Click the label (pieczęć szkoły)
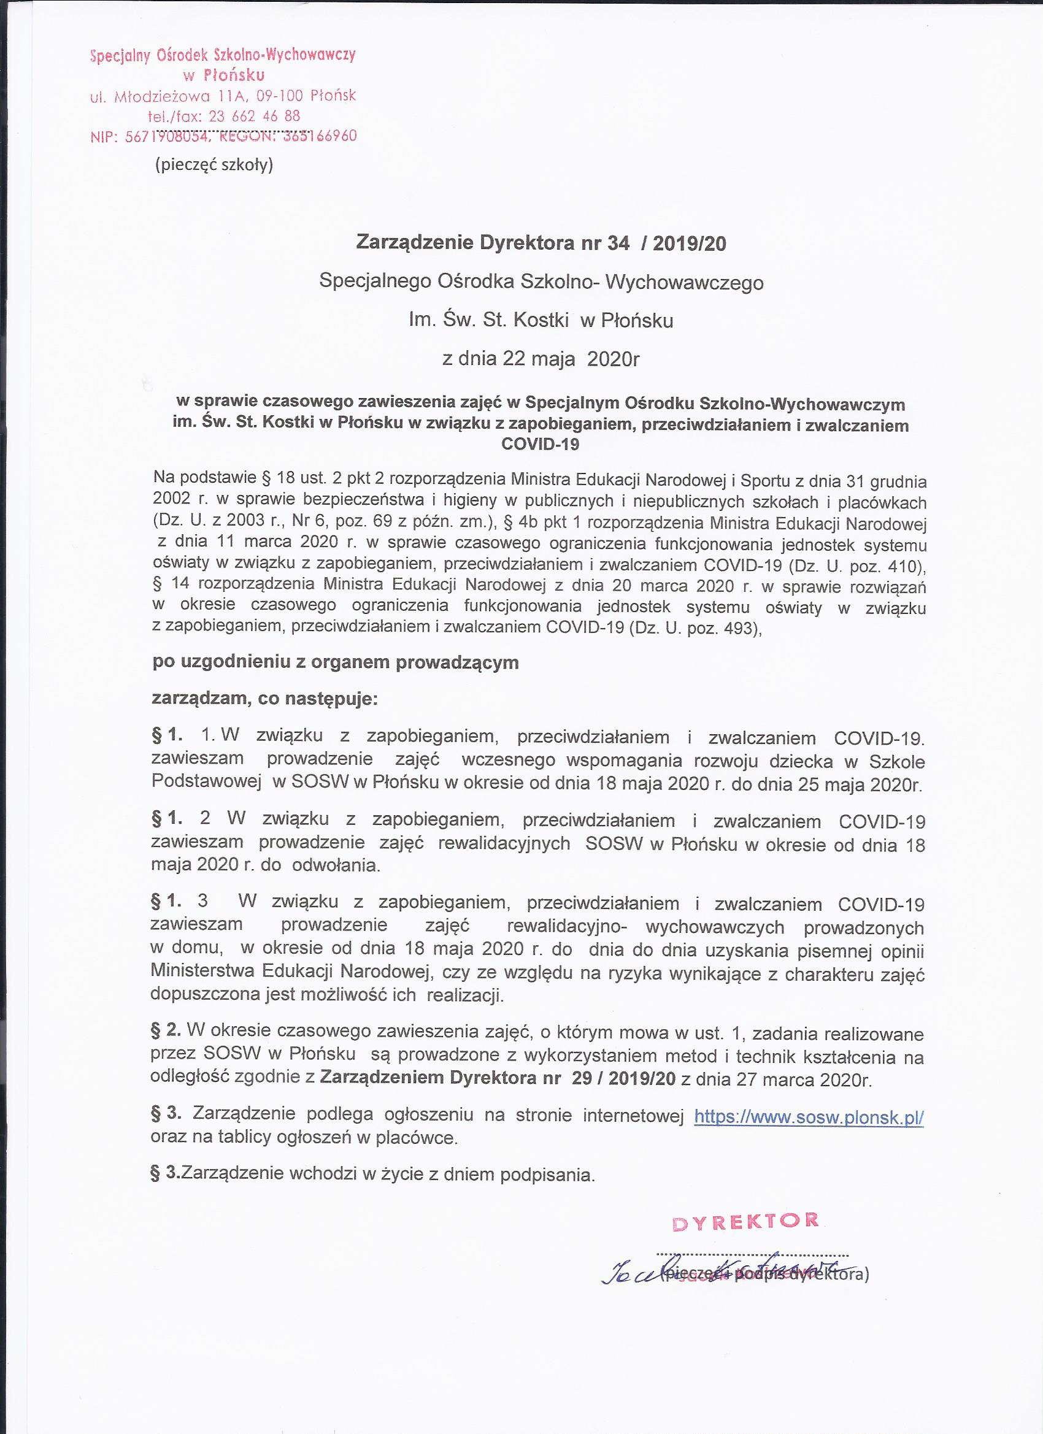[x=214, y=165]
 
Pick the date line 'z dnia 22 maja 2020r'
[x=541, y=359]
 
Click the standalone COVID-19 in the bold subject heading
[x=540, y=444]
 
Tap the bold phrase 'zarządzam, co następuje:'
[x=264, y=699]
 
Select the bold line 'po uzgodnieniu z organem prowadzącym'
[x=335, y=662]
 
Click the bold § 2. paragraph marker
[x=166, y=1029]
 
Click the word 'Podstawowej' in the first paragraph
[x=207, y=781]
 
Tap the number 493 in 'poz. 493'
[x=741, y=629]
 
